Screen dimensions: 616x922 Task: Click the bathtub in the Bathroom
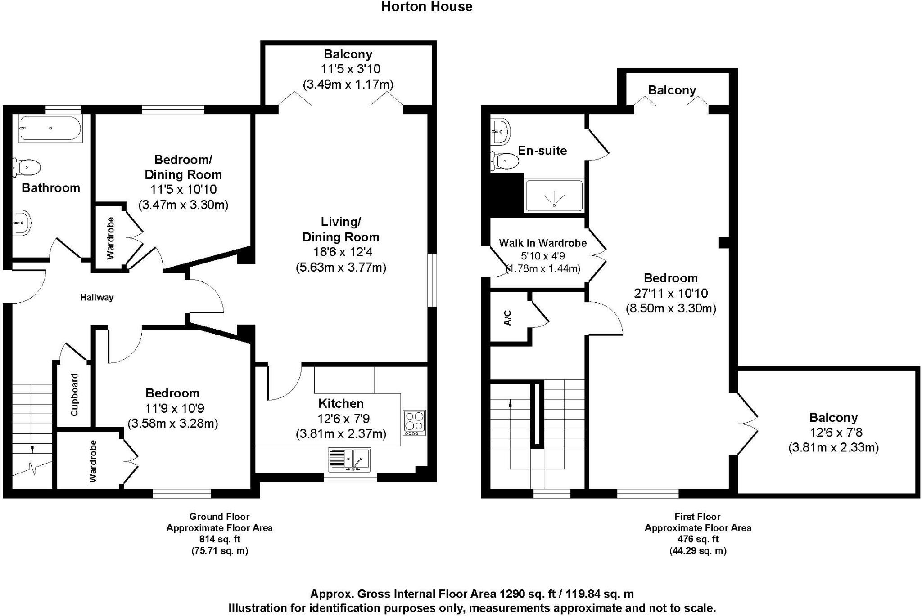[x=50, y=128]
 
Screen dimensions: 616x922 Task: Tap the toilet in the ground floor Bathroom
[x=27, y=167]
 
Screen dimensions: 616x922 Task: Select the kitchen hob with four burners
[x=414, y=423]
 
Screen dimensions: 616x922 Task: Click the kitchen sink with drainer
[x=350, y=460]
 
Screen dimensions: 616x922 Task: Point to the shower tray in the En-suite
[x=554, y=196]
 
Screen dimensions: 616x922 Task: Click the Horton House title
[x=426, y=7]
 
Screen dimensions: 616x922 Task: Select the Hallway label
[x=97, y=297]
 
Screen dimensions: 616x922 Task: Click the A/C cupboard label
[x=508, y=317]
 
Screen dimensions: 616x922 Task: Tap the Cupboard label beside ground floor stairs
[x=74, y=394]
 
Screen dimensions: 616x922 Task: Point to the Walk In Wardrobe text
[x=542, y=243]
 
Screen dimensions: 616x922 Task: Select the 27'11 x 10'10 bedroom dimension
[x=671, y=293]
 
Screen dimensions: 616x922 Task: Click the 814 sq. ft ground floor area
[x=219, y=539]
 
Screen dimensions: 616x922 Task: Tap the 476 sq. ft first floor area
[x=697, y=539]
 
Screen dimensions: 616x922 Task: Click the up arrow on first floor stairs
[x=510, y=403]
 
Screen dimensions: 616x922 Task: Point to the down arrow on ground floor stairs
[x=32, y=448]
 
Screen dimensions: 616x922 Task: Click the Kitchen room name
[x=341, y=403]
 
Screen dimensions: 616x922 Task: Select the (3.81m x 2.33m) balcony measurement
[x=833, y=448]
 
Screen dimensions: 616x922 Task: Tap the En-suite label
[x=542, y=151]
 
